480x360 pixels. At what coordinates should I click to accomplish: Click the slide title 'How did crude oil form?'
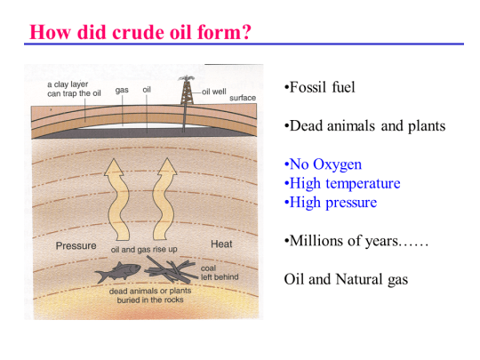[x=140, y=32]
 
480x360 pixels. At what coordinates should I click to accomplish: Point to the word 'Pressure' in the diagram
[x=76, y=244]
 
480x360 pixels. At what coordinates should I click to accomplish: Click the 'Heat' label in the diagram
[x=221, y=244]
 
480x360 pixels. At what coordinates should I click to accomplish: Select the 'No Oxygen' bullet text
[x=323, y=164]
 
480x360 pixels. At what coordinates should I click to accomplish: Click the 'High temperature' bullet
[x=342, y=183]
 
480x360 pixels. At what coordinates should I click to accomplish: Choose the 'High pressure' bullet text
[x=330, y=202]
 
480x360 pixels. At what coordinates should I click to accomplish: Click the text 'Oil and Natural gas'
[x=346, y=279]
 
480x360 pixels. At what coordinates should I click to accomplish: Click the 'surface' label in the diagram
[x=243, y=98]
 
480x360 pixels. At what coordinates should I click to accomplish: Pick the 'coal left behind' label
[x=220, y=271]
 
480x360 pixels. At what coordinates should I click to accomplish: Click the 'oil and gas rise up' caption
[x=143, y=250]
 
